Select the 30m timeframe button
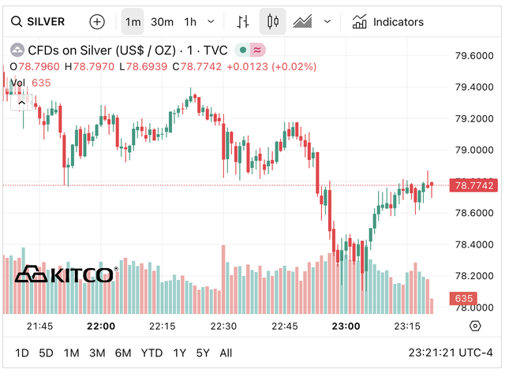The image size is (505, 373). click(x=162, y=22)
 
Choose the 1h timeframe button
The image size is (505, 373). click(x=190, y=22)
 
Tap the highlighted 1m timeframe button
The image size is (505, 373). click(x=133, y=22)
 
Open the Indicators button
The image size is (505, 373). click(x=388, y=22)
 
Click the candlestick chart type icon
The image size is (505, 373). click(x=273, y=22)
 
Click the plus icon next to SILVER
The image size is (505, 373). click(x=96, y=22)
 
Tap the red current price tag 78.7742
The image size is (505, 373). click(x=474, y=185)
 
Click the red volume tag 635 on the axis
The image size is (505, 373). click(x=462, y=299)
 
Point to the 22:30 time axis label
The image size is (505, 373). click(x=223, y=326)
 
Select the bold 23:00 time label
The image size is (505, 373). click(x=346, y=326)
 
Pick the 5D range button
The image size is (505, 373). click(x=47, y=352)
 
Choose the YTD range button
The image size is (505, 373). click(x=152, y=352)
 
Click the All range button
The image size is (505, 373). click(x=226, y=352)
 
